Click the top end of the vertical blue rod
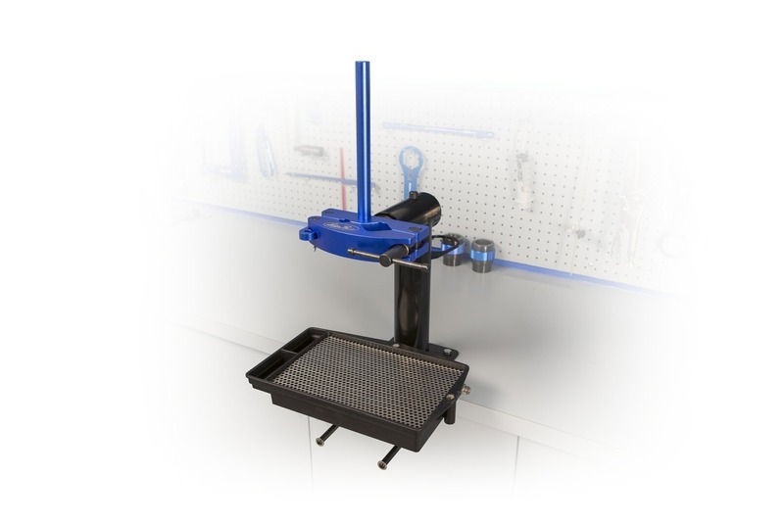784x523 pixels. tap(362, 65)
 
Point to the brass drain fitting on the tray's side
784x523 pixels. tap(465, 391)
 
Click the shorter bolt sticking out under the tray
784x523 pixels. tap(326, 436)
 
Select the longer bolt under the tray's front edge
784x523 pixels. tap(386, 456)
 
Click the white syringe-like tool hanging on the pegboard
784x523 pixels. tap(522, 180)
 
